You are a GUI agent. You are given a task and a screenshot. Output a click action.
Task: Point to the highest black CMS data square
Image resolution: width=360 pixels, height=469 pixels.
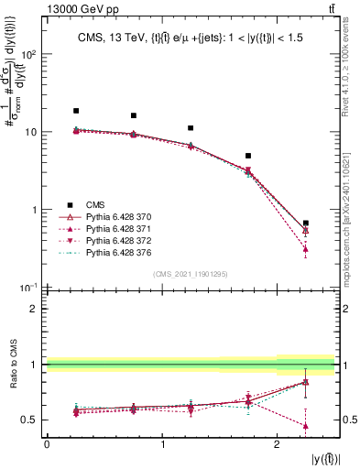point(76,111)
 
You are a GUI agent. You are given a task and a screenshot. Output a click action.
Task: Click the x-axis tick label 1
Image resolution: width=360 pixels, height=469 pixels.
point(162,444)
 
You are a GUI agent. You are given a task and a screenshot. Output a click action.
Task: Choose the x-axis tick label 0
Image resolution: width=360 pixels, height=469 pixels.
point(47,444)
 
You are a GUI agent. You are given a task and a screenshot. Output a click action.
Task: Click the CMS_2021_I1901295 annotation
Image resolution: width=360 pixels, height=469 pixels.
point(190,274)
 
